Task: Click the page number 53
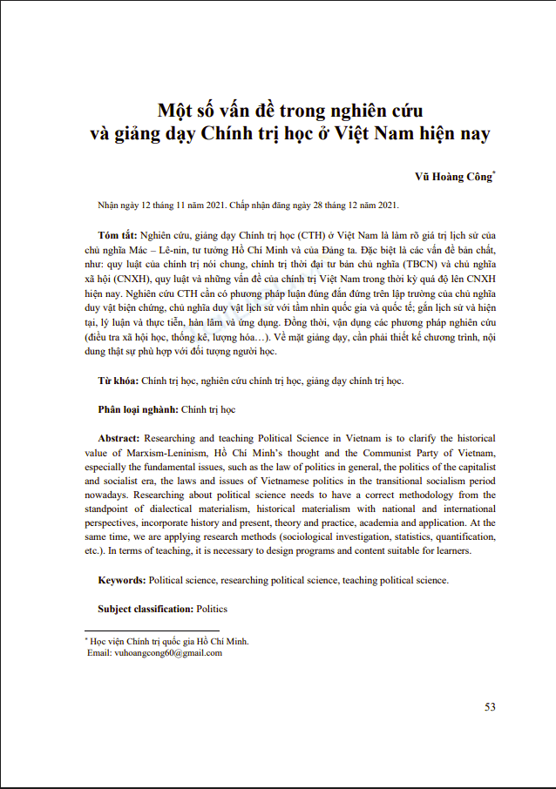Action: click(490, 706)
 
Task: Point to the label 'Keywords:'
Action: click(122, 579)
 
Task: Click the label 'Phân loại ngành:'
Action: click(138, 409)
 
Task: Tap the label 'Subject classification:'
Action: click(146, 608)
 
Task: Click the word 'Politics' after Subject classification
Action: click(212, 608)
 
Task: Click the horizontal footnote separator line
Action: click(152, 631)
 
